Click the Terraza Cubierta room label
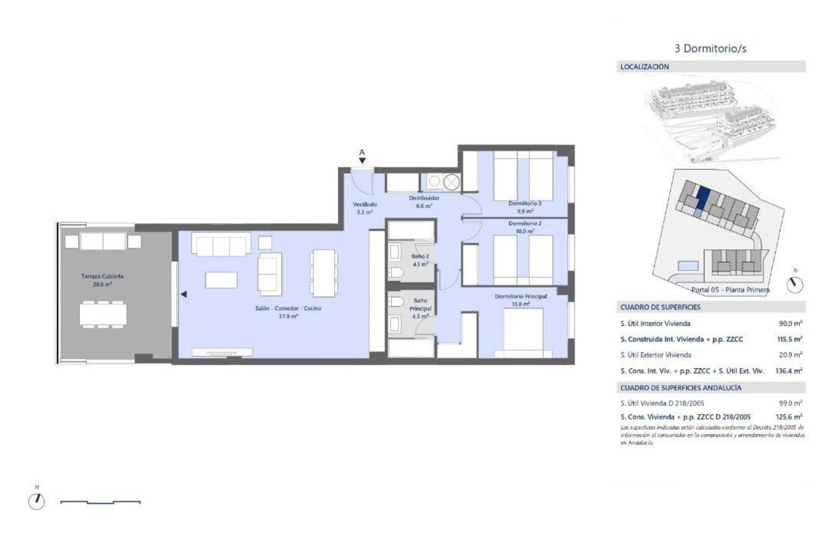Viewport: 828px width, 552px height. point(102,280)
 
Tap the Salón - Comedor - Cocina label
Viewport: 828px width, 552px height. point(288,312)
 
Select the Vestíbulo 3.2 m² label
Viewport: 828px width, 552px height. point(365,208)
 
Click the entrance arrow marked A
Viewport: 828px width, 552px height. point(362,160)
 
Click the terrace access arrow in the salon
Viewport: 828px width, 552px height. point(184,295)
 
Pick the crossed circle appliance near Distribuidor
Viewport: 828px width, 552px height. point(451,183)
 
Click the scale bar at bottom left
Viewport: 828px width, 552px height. point(100,502)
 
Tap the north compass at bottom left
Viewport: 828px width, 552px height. point(36,501)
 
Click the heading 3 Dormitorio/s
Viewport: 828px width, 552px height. point(710,48)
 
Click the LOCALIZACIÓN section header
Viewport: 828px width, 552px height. point(645,67)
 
